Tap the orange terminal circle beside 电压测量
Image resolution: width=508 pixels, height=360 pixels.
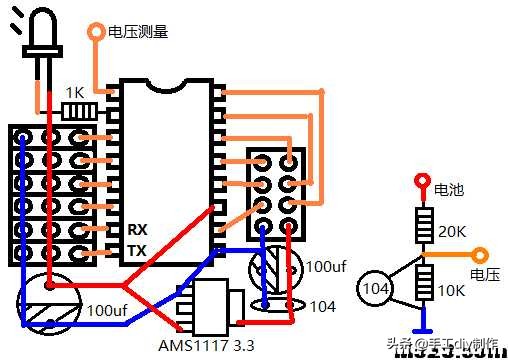[96, 31]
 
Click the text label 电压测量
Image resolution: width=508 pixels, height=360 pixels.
[138, 31]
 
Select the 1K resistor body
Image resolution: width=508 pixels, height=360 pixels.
[78, 109]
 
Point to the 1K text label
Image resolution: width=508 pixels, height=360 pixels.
[75, 91]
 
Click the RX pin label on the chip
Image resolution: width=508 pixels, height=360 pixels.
[138, 230]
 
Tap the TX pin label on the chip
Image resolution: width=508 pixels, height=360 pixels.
[138, 250]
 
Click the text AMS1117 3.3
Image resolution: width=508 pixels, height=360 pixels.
[206, 345]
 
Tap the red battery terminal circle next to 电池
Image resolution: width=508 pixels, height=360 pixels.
[421, 182]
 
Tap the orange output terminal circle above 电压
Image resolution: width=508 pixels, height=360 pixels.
[480, 256]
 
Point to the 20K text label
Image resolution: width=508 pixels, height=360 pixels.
[452, 231]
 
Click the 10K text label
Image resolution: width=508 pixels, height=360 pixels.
[452, 291]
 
